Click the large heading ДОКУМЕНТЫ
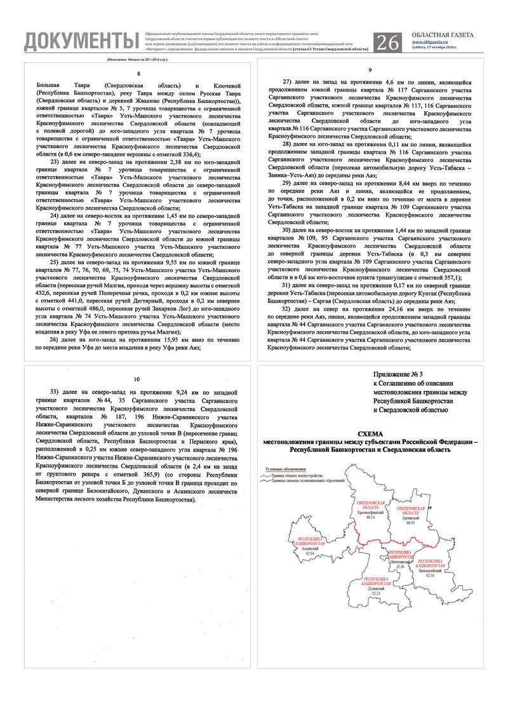click(x=81, y=41)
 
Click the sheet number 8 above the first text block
click(x=138, y=74)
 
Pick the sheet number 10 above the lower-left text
click(x=137, y=379)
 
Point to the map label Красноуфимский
click(x=371, y=513)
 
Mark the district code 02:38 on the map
click(x=400, y=567)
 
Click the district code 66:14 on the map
click(x=371, y=518)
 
